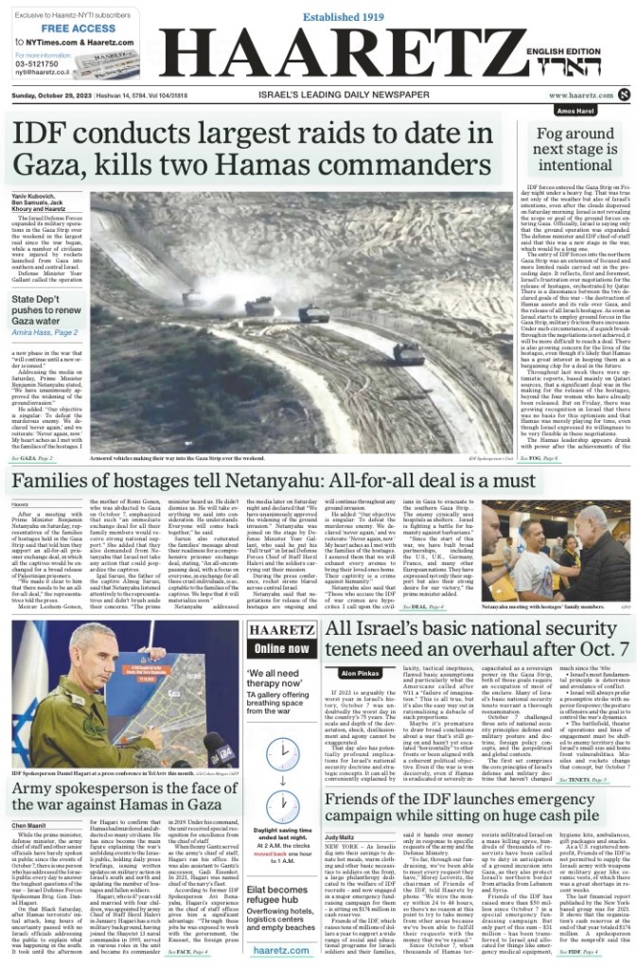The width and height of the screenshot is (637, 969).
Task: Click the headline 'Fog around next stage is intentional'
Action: coord(575,150)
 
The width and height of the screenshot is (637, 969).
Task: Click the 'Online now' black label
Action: coord(281,648)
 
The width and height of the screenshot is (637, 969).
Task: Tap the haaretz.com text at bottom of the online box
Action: coord(281,949)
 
